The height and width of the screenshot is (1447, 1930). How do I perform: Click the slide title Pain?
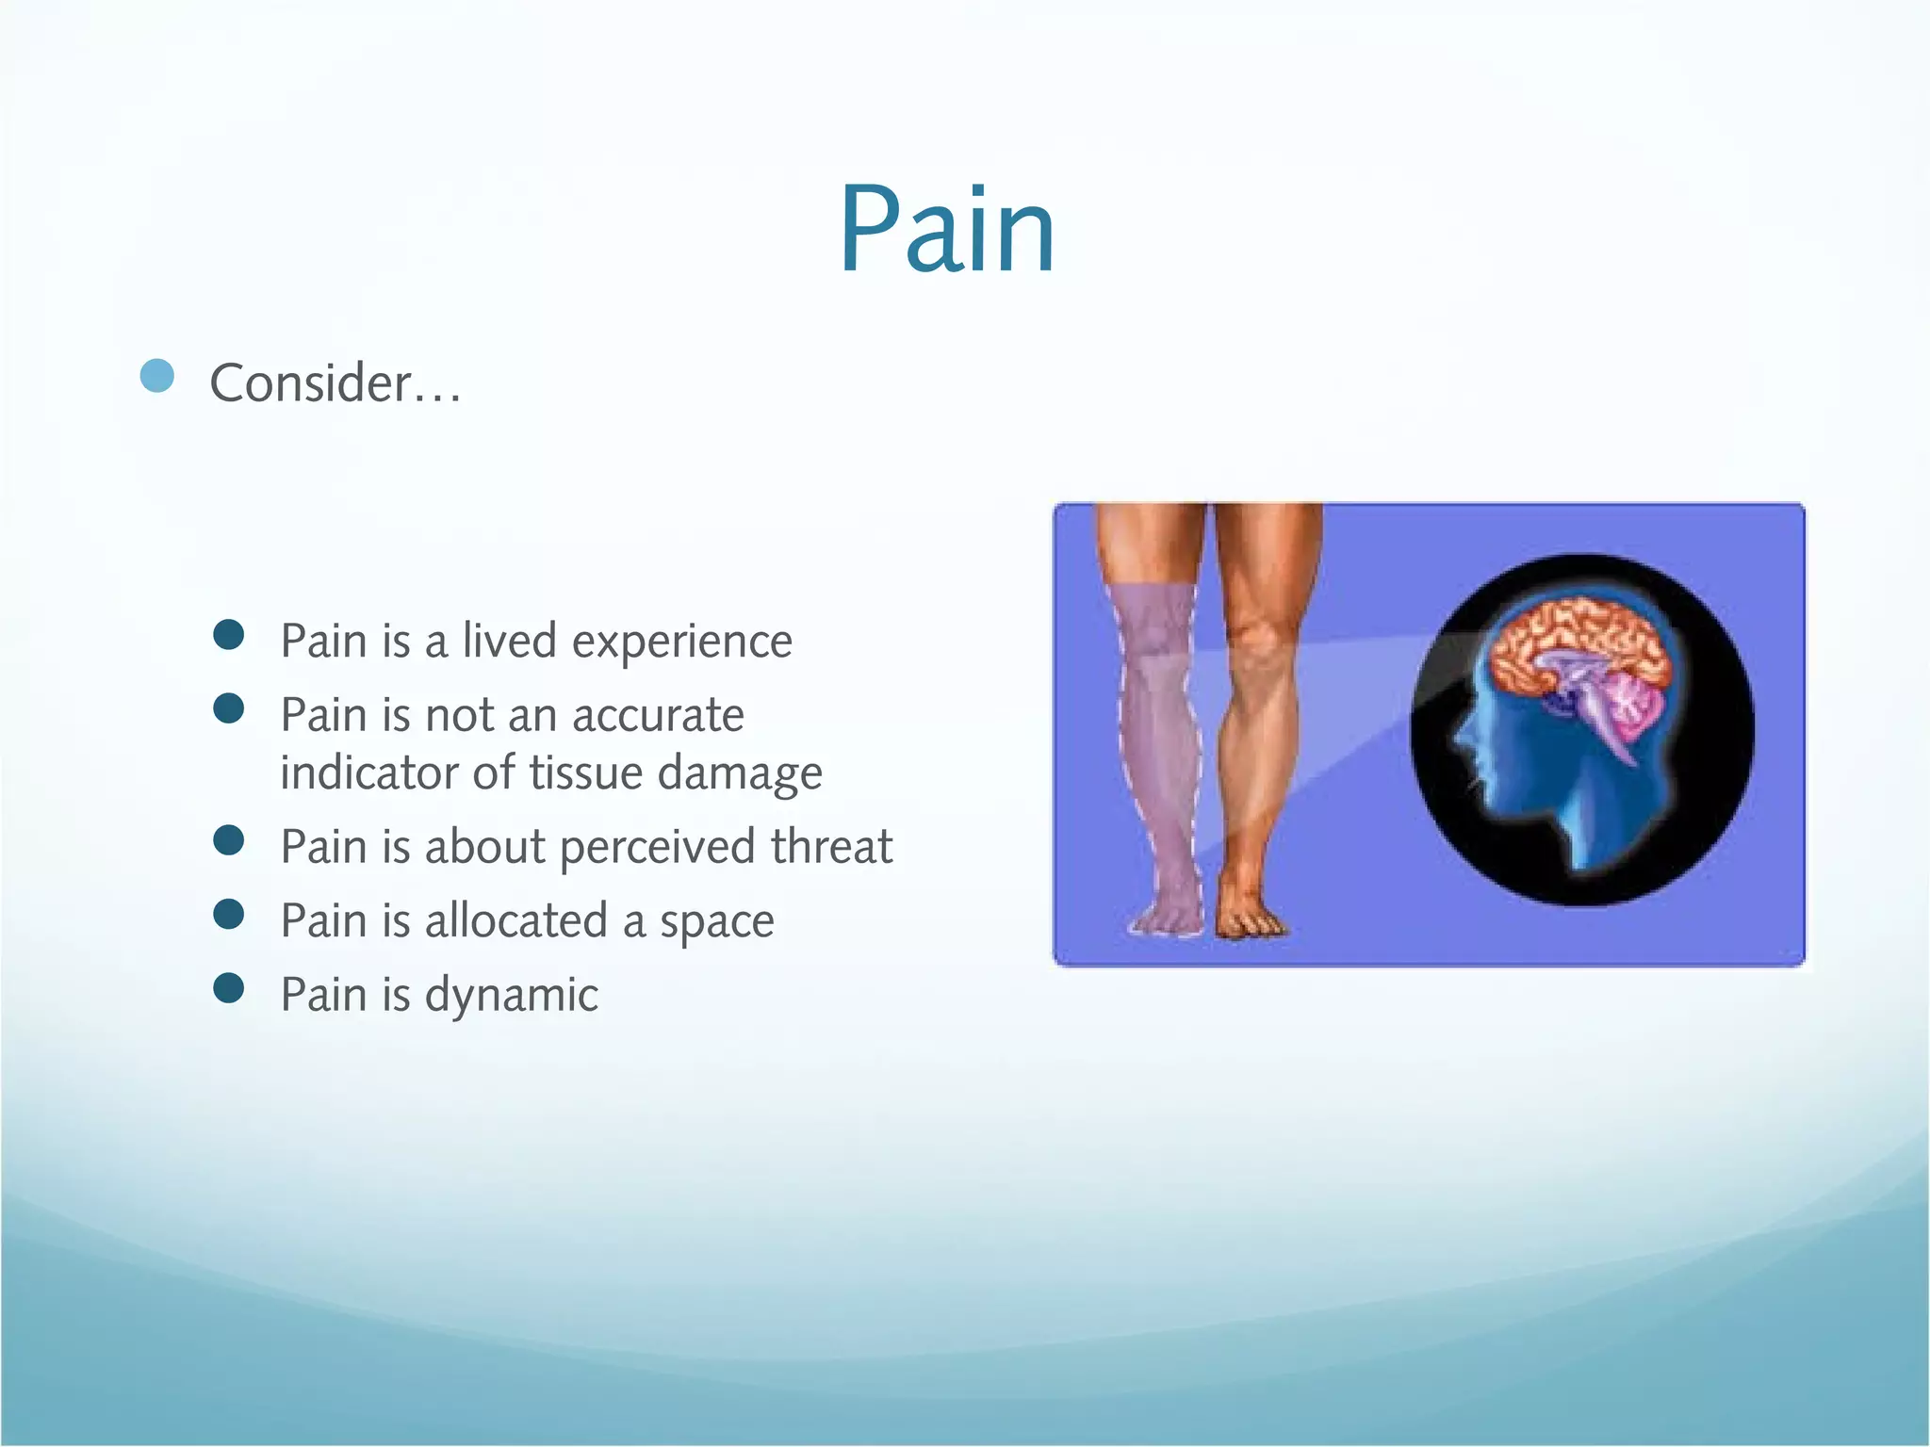pos(947,231)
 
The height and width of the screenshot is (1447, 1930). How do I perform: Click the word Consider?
pos(311,383)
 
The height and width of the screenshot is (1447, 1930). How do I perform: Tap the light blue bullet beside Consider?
pos(157,376)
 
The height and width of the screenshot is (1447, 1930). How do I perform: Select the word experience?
pos(681,642)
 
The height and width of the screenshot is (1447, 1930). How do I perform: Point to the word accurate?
pos(658,715)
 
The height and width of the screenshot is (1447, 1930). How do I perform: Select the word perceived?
pos(660,847)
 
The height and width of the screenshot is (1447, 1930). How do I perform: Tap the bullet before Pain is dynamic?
pos(229,988)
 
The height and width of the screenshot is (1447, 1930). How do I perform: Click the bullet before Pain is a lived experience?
pos(229,635)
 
